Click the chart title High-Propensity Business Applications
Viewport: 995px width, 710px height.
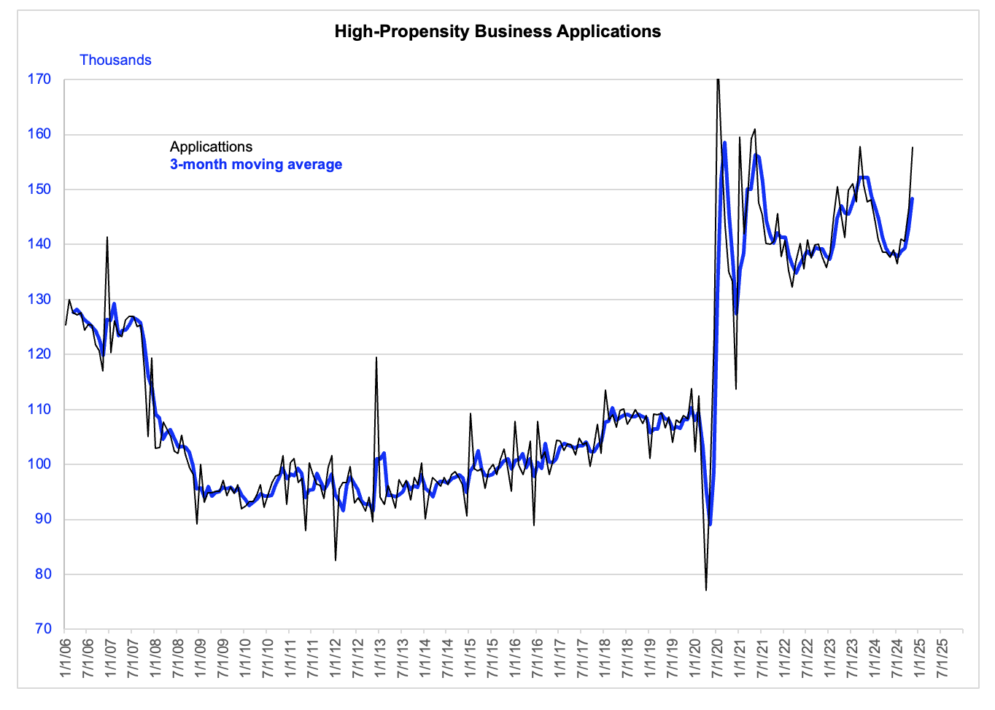pos(497,31)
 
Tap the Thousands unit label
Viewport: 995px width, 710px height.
pos(115,60)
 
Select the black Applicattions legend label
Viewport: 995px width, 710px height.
pos(211,147)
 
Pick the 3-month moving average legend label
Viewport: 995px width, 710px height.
pos(256,164)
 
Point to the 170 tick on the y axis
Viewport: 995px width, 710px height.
pos(39,79)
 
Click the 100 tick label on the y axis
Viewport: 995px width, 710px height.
pos(39,464)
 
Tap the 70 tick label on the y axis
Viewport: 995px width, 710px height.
pos(44,629)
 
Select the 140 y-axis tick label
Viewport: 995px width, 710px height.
pos(39,244)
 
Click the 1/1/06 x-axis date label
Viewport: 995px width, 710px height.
pos(66,658)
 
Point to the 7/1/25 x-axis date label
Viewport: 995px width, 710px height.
pos(942,658)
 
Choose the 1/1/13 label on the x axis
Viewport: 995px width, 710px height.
pos(380,658)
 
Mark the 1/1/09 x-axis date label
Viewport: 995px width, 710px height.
pos(200,658)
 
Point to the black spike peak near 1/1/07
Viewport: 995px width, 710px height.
pos(107,237)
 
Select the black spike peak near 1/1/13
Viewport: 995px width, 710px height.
pos(376,357)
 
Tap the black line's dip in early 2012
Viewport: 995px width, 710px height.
pos(336,561)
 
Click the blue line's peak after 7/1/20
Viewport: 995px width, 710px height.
pos(724,142)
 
